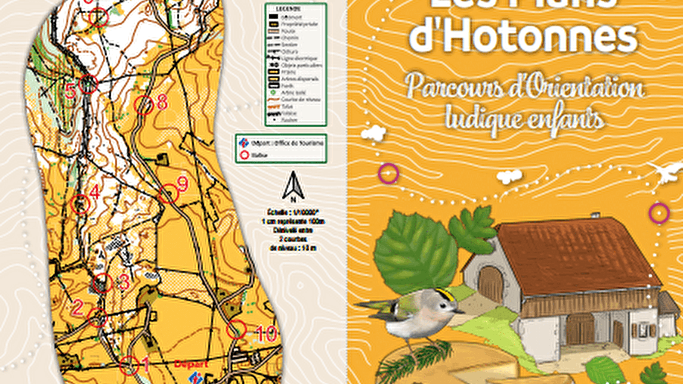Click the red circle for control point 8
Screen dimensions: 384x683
point(143,105)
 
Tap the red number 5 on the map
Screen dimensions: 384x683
point(71,91)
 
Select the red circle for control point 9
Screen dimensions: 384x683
point(169,194)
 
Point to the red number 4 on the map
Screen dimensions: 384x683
point(95,192)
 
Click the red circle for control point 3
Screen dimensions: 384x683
point(102,283)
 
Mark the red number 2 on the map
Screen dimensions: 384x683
point(77,308)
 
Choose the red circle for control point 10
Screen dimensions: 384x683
point(236,329)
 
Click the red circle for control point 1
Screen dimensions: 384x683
point(129,366)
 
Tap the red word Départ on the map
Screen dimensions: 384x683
point(191,364)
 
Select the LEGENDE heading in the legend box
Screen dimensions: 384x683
point(288,9)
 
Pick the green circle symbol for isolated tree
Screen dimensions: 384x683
point(273,93)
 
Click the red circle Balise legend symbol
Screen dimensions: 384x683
point(244,155)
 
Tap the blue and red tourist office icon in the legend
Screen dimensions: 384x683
point(244,143)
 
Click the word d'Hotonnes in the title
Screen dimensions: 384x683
point(523,36)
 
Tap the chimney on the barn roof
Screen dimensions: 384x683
point(595,215)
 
